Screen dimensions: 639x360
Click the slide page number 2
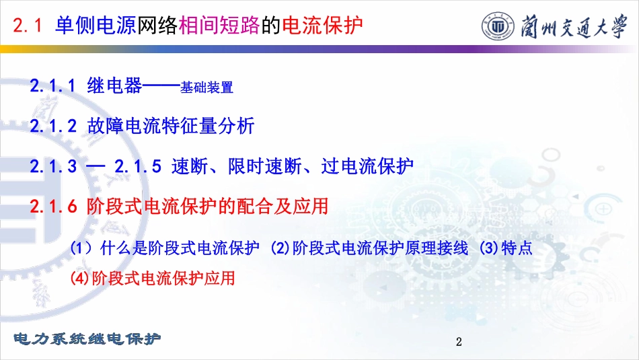coord(459,342)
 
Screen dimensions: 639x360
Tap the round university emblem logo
coord(498,26)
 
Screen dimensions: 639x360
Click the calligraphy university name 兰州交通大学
coord(574,27)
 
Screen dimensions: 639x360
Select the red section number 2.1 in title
coord(28,26)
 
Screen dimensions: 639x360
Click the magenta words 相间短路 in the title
coord(219,26)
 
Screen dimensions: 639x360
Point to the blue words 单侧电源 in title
coord(96,26)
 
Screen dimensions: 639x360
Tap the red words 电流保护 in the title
coord(322,26)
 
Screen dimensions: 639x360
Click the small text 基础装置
coord(206,87)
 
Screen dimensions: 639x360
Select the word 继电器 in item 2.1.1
coord(114,85)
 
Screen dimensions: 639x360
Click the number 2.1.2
coord(53,126)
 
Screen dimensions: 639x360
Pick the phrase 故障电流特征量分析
coord(171,126)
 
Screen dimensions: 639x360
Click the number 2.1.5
coord(138,166)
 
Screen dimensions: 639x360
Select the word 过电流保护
coord(367,166)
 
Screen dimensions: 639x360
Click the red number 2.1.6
coord(53,207)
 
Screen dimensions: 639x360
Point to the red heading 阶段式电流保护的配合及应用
coord(207,206)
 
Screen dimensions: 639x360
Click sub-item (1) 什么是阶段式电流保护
coord(165,248)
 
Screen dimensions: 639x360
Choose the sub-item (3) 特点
coord(506,248)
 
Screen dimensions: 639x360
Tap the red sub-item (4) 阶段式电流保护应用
coord(153,278)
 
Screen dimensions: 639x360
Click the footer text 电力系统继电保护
coord(87,338)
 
